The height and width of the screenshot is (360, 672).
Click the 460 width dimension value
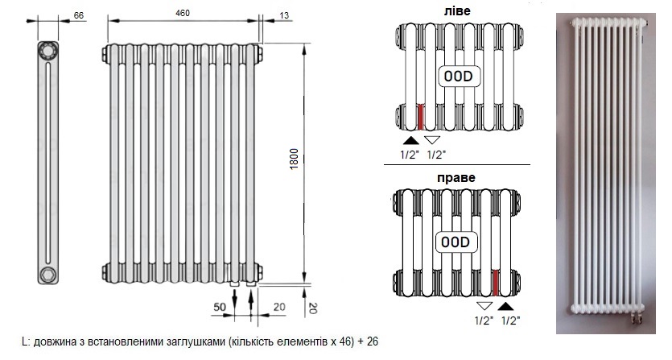click(183, 14)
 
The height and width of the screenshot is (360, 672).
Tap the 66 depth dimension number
click(79, 15)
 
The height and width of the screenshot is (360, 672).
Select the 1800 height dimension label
click(294, 159)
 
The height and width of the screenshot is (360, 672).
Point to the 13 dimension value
click(284, 15)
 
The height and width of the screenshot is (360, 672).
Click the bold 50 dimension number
click(220, 307)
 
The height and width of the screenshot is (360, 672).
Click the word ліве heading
click(457, 10)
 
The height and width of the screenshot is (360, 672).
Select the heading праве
click(456, 178)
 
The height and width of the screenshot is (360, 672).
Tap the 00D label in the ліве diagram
click(458, 77)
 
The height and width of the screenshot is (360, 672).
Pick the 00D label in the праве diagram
click(456, 242)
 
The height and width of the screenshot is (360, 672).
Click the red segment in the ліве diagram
click(420, 117)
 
